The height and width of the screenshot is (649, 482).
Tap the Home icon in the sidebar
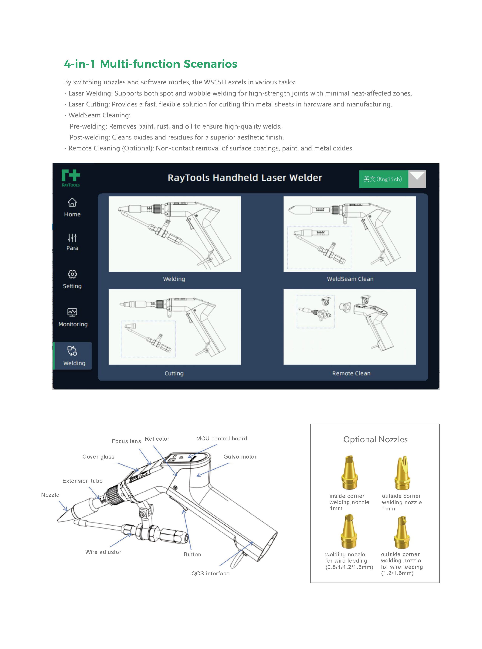72,202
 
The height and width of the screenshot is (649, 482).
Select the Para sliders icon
72,238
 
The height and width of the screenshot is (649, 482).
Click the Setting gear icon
72,274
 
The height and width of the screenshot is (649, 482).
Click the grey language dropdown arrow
417,179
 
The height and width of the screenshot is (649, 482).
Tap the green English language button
383,179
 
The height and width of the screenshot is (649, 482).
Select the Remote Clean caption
351,373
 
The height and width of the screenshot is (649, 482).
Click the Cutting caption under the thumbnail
174,373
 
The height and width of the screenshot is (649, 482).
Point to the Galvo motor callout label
240,457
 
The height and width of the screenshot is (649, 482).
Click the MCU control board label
221,439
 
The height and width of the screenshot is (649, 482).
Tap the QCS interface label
210,573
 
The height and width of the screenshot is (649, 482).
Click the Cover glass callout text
98,457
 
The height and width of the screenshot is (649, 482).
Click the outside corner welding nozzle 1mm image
402,473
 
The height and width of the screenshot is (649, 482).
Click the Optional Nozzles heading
375,439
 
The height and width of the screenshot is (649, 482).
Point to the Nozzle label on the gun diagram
50,495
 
